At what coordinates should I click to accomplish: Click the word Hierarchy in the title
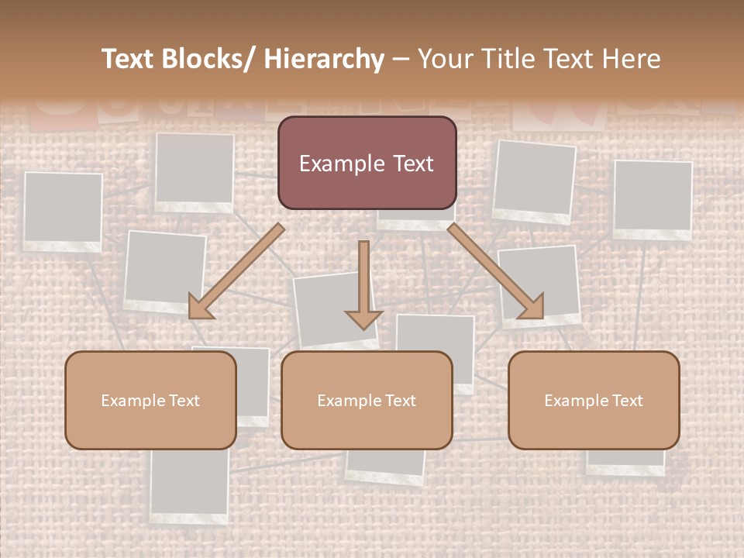tap(324, 59)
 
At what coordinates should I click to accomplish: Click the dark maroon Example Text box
tap(367, 163)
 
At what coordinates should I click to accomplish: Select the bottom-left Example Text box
tap(150, 400)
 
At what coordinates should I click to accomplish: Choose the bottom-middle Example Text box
tap(367, 400)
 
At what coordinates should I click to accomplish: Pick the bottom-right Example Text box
tap(594, 400)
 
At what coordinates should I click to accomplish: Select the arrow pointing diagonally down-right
tap(496, 271)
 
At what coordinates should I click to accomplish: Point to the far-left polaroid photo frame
tap(63, 211)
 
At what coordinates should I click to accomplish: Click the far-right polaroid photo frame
tap(653, 199)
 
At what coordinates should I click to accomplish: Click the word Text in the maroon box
tap(410, 164)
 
